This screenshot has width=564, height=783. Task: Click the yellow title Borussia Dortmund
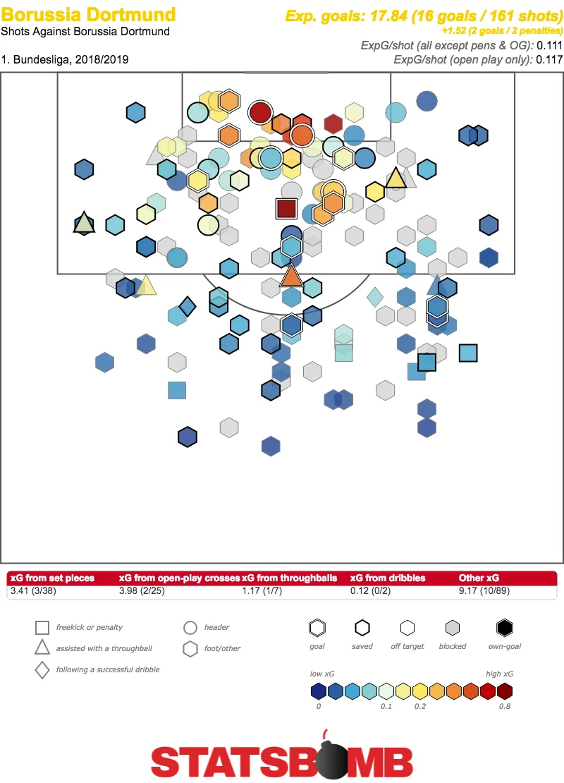click(x=89, y=14)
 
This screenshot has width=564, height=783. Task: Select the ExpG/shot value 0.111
click(x=549, y=45)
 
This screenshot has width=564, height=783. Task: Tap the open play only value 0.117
click(x=549, y=59)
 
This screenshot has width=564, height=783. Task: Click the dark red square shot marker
click(x=286, y=209)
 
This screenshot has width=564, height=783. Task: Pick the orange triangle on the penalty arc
click(x=291, y=275)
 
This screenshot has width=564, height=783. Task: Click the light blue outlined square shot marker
click(x=468, y=352)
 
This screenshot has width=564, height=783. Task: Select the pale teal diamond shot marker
click(x=375, y=297)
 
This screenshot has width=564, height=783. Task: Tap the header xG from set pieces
click(x=51, y=578)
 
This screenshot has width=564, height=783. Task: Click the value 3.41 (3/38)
click(x=33, y=590)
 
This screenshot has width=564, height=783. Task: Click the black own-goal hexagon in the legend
click(x=503, y=627)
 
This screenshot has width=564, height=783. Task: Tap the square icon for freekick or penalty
click(x=42, y=628)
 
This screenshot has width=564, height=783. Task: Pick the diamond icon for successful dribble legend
click(x=42, y=669)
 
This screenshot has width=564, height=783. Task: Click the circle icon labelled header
click(x=190, y=628)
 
